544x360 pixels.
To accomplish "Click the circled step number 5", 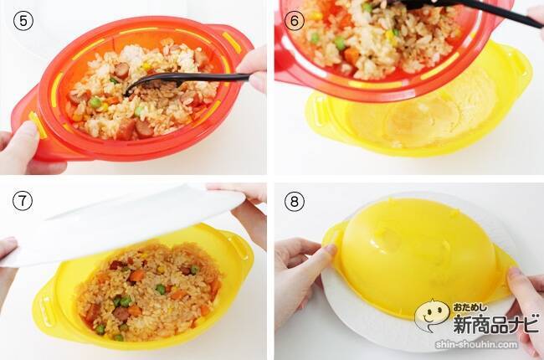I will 23,20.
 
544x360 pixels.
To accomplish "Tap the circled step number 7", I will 23,201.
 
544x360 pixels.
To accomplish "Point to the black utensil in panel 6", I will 469,10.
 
